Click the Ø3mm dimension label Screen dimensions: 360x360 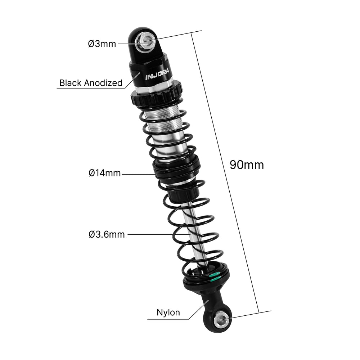click(x=102, y=44)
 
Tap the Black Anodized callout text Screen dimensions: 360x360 click(x=91, y=83)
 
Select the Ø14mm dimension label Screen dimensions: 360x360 click(x=104, y=173)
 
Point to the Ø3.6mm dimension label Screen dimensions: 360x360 click(x=107, y=234)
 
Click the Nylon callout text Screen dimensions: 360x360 click(x=168, y=312)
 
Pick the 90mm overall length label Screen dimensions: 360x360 click(x=247, y=165)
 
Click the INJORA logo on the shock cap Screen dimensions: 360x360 click(x=157, y=76)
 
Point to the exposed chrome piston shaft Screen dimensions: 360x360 click(x=193, y=230)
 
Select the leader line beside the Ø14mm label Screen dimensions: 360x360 click(x=139, y=174)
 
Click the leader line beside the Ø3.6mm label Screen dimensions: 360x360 click(x=158, y=234)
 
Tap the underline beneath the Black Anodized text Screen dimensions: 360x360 click(x=90, y=88)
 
